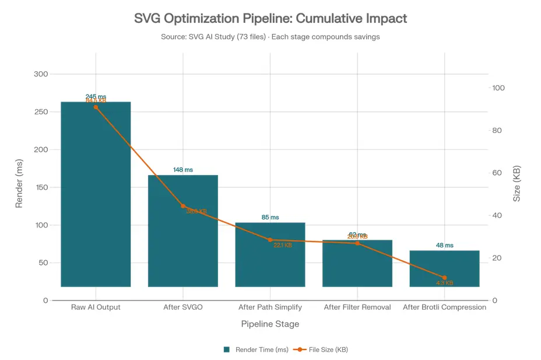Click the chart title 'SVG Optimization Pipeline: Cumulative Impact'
click(270, 18)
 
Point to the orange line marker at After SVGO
click(183, 206)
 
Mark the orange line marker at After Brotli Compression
click(444, 278)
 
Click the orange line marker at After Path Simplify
click(270, 240)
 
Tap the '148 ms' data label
click(183, 170)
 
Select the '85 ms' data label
click(270, 217)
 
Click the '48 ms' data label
click(444, 245)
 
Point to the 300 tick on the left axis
click(41, 74)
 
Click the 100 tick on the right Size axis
click(498, 88)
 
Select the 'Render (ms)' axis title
click(19, 183)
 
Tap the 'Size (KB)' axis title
click(517, 183)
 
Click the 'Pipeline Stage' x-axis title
click(270, 324)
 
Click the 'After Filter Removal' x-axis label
click(357, 307)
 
